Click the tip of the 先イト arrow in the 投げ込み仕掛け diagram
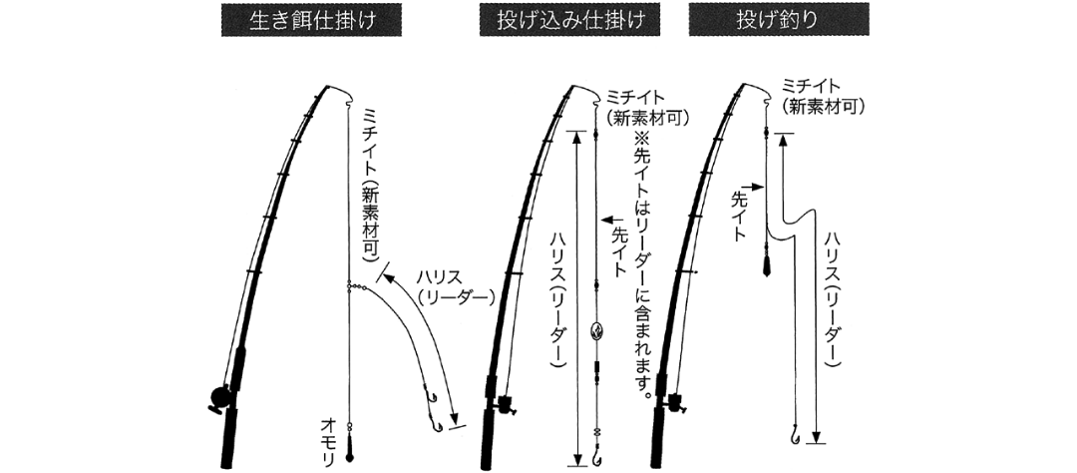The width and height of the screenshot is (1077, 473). [x=601, y=220]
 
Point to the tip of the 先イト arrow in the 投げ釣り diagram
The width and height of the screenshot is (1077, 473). [x=764, y=187]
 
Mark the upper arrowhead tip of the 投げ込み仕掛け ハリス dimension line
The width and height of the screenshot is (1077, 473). [x=576, y=132]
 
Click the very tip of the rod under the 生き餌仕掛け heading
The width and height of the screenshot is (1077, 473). [x=328, y=87]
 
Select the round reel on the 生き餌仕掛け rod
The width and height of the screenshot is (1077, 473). [x=221, y=397]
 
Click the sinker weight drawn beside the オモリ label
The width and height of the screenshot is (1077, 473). [x=349, y=454]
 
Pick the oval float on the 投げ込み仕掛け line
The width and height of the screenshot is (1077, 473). [x=595, y=331]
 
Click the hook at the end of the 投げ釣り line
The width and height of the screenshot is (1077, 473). [x=795, y=435]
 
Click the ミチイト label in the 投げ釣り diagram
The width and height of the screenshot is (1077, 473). [x=811, y=86]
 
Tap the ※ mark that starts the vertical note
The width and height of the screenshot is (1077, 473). [x=640, y=138]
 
